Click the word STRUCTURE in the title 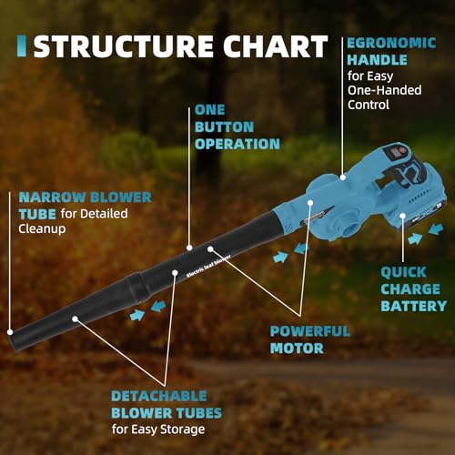coord(124,46)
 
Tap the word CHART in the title coord(276,46)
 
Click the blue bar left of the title coord(22,46)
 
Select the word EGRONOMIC coord(391,43)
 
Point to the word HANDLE coord(377,60)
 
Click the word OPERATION coord(238,144)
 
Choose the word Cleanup coord(42,228)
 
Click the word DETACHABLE coord(159,396)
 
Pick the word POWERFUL coord(309,331)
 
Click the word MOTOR coord(297,349)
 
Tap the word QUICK coord(404,272)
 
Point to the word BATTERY coord(414,306)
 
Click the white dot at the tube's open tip coord(10,332)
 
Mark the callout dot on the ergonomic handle coord(343,177)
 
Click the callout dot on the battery coord(402,216)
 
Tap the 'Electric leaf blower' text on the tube coord(208,267)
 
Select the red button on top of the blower coord(403,150)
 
